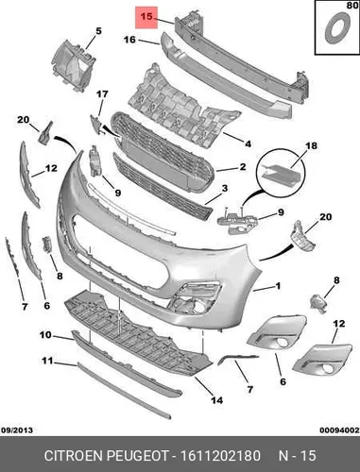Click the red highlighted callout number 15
click(146, 16)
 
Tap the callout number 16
click(129, 40)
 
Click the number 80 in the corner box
click(352, 6)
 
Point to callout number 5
click(98, 31)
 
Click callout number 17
click(102, 94)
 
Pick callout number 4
click(249, 144)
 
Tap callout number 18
click(311, 146)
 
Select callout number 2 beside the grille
click(243, 167)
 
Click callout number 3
click(225, 189)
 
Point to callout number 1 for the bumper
click(278, 286)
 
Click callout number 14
click(216, 400)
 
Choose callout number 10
click(45, 335)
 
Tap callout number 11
click(47, 361)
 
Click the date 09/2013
click(17, 430)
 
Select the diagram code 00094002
click(339, 430)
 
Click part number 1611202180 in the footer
click(220, 456)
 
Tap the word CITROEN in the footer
click(74, 456)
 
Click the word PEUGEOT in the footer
click(138, 456)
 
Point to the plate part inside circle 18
click(282, 174)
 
